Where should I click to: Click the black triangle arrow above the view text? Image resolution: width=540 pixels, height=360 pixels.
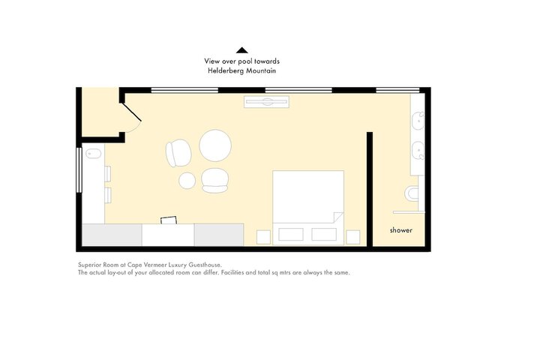[x=242, y=50]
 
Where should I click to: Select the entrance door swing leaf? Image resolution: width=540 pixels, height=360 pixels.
[x=131, y=112]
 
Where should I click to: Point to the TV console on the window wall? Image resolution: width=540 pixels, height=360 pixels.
[x=266, y=102]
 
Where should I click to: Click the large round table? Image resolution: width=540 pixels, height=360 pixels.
[x=215, y=145]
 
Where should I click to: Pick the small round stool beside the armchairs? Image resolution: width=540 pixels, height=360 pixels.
[x=187, y=181]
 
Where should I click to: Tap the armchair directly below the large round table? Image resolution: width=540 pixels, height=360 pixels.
[x=214, y=180]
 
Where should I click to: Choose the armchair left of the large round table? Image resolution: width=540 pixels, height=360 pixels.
[x=178, y=153]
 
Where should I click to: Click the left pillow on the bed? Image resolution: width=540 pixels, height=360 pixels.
[x=291, y=234]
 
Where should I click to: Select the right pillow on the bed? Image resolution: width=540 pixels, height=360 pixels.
[x=324, y=234]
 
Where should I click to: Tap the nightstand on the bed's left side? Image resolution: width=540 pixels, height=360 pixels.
[x=263, y=237]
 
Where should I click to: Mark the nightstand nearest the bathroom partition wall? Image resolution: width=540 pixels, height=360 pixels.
[x=353, y=237]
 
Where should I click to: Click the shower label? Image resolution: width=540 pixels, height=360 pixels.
[x=400, y=230]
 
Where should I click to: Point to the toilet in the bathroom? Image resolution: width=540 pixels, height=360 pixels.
[x=412, y=194]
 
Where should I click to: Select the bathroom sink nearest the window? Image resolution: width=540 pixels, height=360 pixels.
[x=418, y=121]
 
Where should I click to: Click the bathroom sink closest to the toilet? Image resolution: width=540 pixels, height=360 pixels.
[x=418, y=151]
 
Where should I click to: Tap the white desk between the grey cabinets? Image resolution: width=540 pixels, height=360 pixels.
[x=168, y=235]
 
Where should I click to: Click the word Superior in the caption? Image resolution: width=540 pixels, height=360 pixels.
[x=89, y=265]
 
